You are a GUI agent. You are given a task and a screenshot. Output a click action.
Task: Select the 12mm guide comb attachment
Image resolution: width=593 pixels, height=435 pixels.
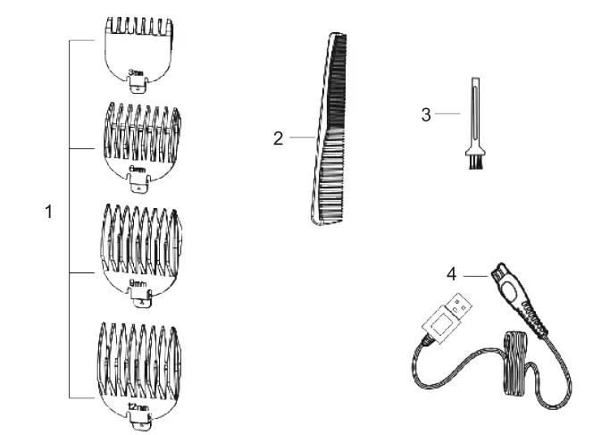(141, 362)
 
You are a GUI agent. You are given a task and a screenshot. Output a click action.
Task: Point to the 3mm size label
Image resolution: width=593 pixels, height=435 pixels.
(137, 72)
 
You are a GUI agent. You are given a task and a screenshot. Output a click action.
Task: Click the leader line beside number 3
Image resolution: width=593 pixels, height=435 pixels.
(448, 113)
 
